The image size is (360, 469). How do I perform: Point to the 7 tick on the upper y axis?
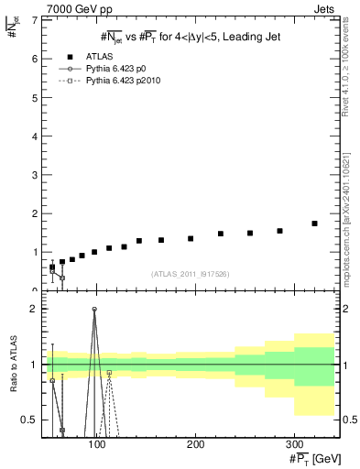click(36, 19)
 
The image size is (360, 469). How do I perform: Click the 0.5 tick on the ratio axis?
click(29, 420)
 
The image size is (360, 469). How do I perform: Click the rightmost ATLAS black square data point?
click(314, 224)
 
